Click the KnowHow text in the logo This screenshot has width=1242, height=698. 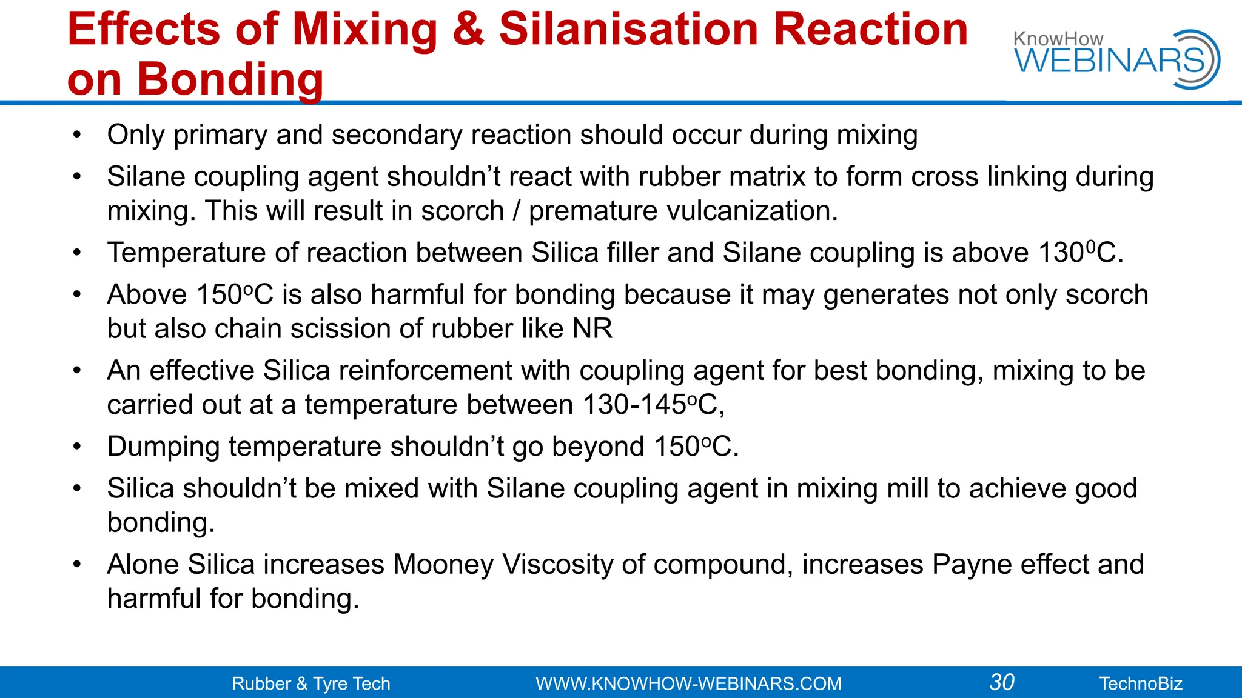1058,39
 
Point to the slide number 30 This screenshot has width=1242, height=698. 1002,682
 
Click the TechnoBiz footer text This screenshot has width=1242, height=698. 1141,683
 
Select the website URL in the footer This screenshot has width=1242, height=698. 688,683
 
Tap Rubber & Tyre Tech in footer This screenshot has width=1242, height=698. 311,683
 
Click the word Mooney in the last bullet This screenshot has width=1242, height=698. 443,565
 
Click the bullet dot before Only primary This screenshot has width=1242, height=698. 76,135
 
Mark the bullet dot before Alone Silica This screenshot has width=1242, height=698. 76,565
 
